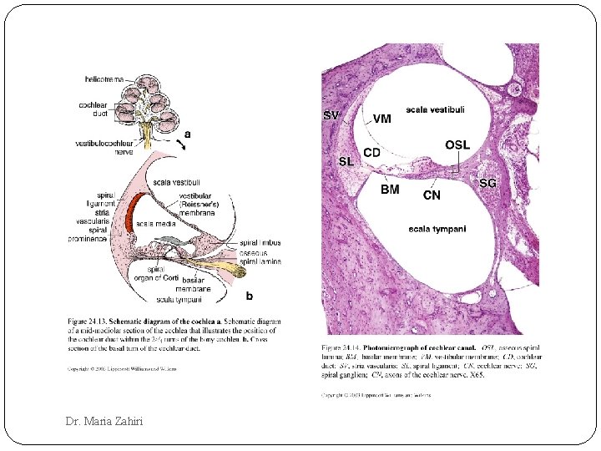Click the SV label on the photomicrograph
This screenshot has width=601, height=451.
pos(331,116)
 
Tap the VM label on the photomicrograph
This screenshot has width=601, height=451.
pos(381,119)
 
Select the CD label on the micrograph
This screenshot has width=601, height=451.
pos(371,153)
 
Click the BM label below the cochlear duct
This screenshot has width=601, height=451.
pos(390,190)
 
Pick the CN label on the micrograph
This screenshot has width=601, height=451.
pos(432,195)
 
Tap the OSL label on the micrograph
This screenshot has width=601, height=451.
pos(457,144)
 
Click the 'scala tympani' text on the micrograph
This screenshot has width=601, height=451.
pos(437,229)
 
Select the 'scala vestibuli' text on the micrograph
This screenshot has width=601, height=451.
pos(435,109)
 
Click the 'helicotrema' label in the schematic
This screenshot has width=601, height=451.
pos(104,79)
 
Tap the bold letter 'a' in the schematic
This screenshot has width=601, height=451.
pos(187,133)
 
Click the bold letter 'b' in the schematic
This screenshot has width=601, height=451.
pos(249,295)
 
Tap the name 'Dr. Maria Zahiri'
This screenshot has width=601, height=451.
pos(104,421)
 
